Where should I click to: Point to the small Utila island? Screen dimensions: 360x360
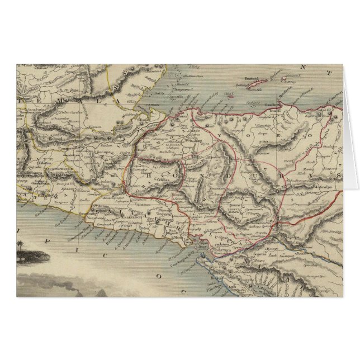[228, 93]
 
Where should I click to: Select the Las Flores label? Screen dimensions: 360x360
[159, 165]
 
